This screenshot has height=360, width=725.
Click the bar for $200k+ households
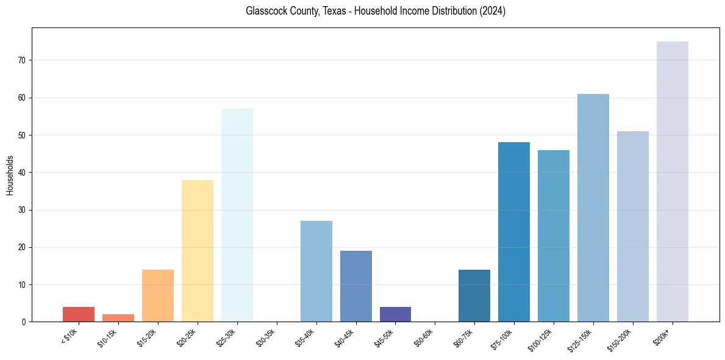pos(672,181)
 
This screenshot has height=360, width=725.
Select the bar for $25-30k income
pos(237,215)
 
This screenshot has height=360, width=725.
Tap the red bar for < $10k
pos(79,314)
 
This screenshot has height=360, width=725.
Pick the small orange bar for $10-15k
pos(118,318)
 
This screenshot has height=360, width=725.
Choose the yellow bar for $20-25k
pos(198,251)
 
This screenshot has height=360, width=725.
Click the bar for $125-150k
pos(593,207)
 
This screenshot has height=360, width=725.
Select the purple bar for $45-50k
pos(395,314)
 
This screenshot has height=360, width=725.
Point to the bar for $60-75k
pos(474,295)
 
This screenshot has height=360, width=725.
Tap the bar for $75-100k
pos(514,232)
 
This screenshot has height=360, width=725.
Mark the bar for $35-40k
pos(316,271)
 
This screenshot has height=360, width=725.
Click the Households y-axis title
pos(10,175)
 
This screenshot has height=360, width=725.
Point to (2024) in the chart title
pos(493,11)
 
